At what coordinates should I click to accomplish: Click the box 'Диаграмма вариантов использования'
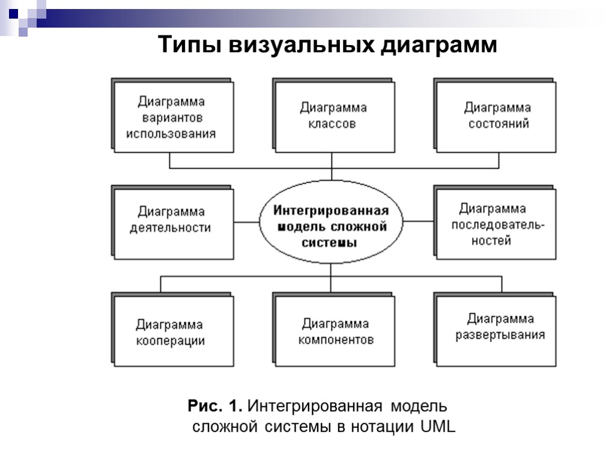[x=172, y=117]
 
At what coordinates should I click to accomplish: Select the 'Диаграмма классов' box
[x=334, y=116]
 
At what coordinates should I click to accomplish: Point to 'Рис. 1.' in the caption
[x=216, y=406]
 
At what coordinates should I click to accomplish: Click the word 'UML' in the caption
[x=438, y=427]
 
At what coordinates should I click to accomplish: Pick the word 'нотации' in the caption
[x=384, y=427]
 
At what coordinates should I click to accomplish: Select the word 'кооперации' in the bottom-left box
[x=171, y=341]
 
